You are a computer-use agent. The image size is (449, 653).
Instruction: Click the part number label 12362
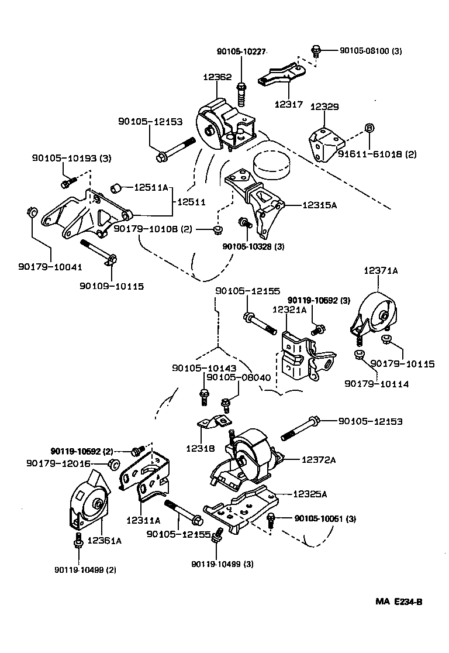coord(217,77)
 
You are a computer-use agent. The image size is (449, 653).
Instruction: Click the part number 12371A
coord(381,271)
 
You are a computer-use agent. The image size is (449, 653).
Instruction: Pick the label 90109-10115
coord(112,286)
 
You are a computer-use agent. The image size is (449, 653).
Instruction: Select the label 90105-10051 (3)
coord(325,518)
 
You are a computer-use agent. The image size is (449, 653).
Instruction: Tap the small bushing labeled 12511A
coord(116,188)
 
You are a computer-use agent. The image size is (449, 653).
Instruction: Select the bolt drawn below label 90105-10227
coord(241,93)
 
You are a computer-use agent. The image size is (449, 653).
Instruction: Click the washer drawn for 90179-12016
coord(115,465)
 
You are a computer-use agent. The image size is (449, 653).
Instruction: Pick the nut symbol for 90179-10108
coord(217,229)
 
